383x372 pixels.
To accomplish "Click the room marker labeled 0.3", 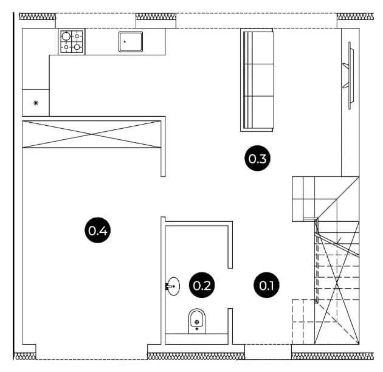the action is pos(257,158).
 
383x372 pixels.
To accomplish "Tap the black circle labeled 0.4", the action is pos(97,230).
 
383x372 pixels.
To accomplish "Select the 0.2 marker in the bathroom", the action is pos(202,285).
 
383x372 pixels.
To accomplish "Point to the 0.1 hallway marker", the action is pos(266,285).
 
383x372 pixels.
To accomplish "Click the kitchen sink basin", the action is pos(131,42).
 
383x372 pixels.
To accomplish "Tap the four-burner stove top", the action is pos(72,41).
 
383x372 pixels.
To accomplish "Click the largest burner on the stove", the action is pos(66,36).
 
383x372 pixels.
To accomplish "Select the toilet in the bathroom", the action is pos(197,321).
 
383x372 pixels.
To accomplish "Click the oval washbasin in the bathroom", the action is pos(174,286).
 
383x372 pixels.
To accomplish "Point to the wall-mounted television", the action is pos(350,75).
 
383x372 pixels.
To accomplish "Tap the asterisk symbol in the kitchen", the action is pos(36,103).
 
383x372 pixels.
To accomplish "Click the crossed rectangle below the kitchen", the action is pos(92,134).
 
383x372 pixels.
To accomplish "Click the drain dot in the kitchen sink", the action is pos(125,41).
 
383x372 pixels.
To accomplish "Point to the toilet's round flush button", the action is pos(197,322).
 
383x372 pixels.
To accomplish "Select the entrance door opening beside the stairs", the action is pos(268,352).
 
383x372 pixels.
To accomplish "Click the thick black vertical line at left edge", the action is pos(13,185).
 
